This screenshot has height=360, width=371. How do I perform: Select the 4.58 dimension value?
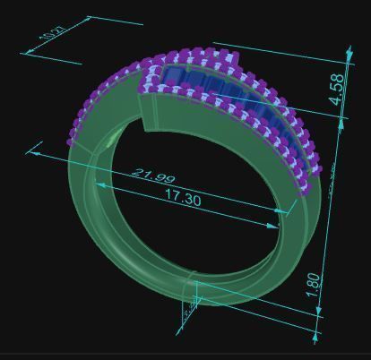tap(338, 90)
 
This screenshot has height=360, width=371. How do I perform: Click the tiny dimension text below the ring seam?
tap(186, 313)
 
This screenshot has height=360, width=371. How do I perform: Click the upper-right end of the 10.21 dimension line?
tap(90, 15)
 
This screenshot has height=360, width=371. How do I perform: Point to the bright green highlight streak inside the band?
tap(109, 139)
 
